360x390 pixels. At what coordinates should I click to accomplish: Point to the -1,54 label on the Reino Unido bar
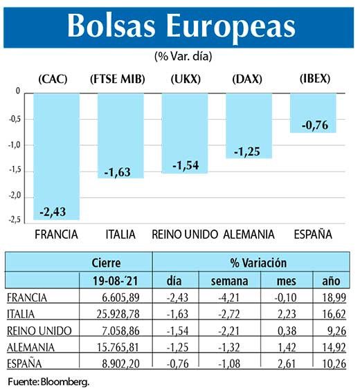(x=184, y=165)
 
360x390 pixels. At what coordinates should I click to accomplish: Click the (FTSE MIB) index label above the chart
(x=118, y=80)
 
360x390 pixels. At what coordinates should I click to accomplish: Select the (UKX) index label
(x=184, y=80)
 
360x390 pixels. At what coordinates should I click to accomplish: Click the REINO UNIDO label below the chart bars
(x=185, y=235)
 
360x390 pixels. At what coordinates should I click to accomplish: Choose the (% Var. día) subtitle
(x=181, y=55)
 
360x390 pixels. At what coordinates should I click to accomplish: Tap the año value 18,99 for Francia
(x=332, y=297)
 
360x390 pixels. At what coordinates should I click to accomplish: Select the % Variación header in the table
(x=253, y=263)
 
